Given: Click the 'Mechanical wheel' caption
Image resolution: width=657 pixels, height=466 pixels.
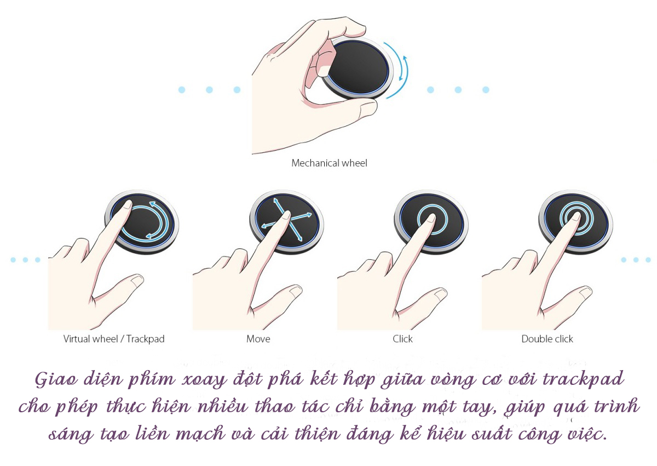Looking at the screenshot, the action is pyautogui.click(x=329, y=163).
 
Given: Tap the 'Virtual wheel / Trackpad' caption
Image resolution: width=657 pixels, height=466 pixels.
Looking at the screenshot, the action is pyautogui.click(x=114, y=339).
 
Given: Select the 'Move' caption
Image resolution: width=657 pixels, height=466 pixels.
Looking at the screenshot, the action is pyautogui.click(x=258, y=339).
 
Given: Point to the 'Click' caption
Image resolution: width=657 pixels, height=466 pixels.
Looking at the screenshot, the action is pyautogui.click(x=402, y=339).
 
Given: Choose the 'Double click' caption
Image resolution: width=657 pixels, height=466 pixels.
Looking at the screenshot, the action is pyautogui.click(x=547, y=339).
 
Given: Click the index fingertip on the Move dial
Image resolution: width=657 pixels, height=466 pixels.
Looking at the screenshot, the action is pyautogui.click(x=285, y=215).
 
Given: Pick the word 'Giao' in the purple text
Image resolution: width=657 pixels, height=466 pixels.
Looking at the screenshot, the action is pyautogui.click(x=56, y=379).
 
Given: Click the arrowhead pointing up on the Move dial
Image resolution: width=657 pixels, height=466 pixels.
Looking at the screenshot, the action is pyautogui.click(x=275, y=201).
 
